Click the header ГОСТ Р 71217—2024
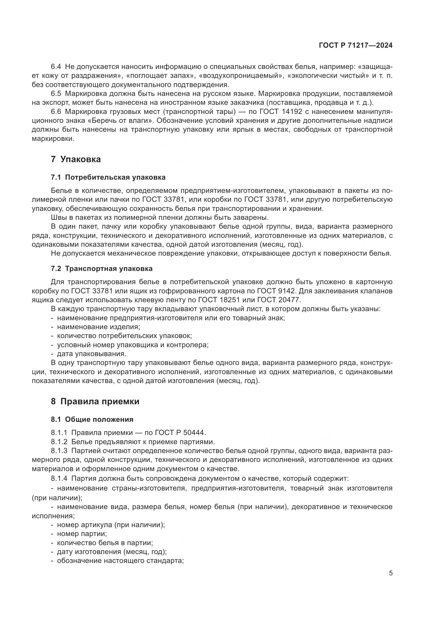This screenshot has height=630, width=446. pyautogui.click(x=355, y=46)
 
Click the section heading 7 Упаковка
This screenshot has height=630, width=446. pyautogui.click(x=76, y=159)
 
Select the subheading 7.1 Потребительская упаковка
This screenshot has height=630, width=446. pyautogui.click(x=108, y=177)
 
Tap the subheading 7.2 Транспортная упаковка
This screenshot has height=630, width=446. pyautogui.click(x=102, y=269)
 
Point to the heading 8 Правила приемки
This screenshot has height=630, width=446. pyautogui.click(x=95, y=401)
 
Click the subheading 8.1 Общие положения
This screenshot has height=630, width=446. pyautogui.click(x=92, y=419)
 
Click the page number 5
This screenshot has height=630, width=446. pyautogui.click(x=390, y=573)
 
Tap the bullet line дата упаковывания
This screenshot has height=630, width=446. pyautogui.click(x=91, y=354)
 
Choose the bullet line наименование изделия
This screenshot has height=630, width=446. pyautogui.click(x=98, y=327)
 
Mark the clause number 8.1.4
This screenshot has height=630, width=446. pyautogui.click(x=59, y=478)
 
